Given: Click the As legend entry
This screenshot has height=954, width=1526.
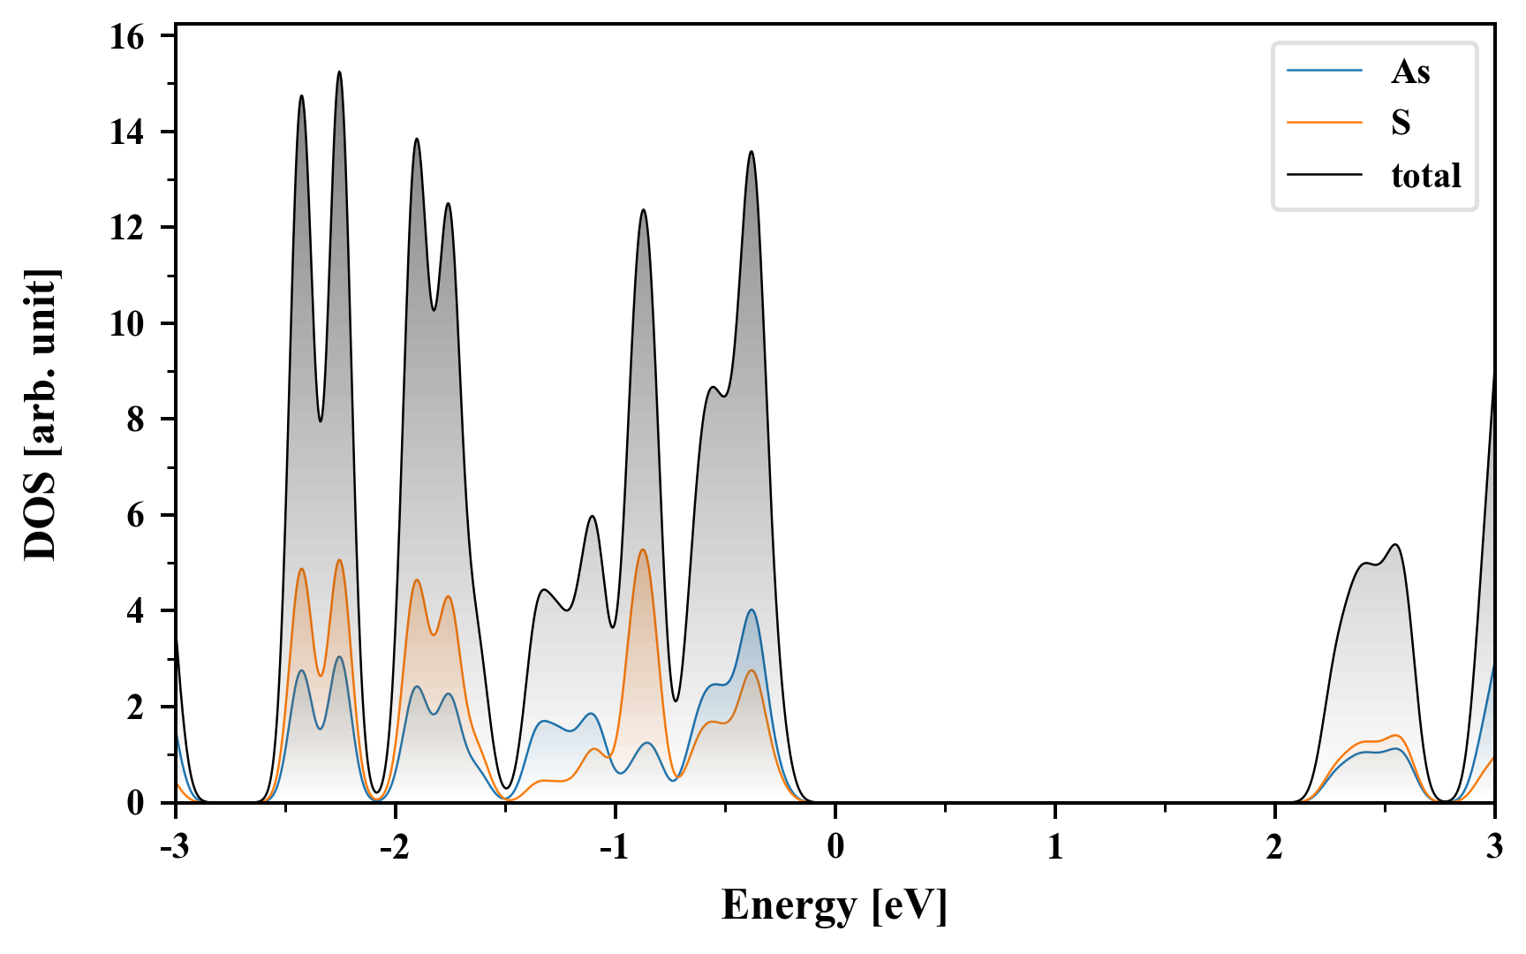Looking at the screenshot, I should coord(1410,72).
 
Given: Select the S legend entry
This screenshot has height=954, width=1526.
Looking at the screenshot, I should coord(1401,123).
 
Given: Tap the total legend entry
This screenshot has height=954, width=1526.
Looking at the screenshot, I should coord(1425,175).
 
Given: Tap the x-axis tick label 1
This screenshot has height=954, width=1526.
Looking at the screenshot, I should coord(1054,847).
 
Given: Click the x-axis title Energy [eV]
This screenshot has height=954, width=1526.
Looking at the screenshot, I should coord(834,906).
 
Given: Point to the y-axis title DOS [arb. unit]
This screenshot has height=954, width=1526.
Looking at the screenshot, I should coord(41,415).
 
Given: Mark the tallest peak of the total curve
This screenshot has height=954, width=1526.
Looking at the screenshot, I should coord(339,72).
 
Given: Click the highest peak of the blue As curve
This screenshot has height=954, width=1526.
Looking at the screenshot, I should coord(752,609).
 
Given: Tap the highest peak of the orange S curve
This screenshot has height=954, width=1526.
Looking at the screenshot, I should coord(643,549).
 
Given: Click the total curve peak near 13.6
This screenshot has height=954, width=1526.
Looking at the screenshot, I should coord(752,152).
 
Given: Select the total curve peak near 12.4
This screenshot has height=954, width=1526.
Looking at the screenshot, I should coord(643,209).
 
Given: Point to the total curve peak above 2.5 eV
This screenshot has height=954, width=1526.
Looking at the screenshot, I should coord(1395,544).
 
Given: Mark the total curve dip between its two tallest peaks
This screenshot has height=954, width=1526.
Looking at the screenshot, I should coord(320,420).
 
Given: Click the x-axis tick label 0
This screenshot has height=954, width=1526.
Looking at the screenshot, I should coord(835,847).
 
